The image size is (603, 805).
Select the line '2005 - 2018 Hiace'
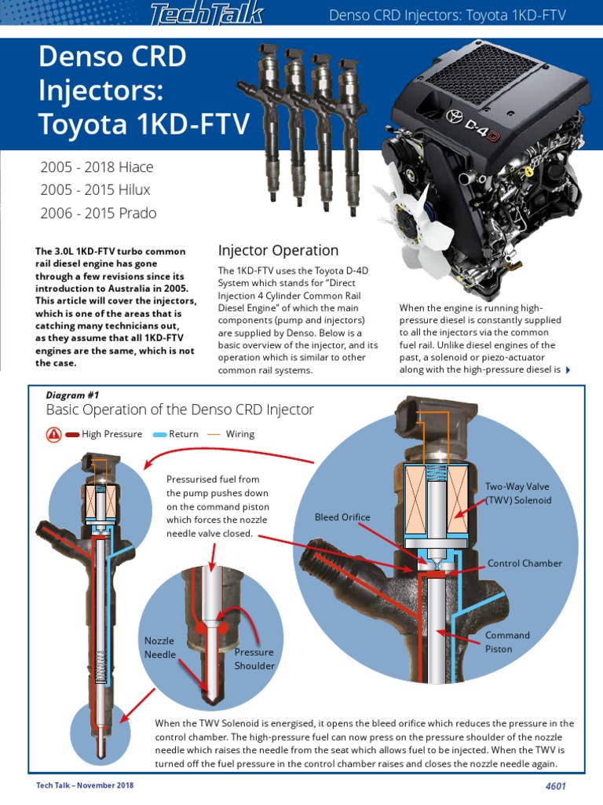coord(97,167)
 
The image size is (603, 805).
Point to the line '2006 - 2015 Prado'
coord(98,213)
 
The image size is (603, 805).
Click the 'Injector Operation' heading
coord(278,251)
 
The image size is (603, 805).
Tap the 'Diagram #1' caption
coord(73,395)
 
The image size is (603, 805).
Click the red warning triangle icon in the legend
coord(54,434)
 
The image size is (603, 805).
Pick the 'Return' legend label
coord(184,434)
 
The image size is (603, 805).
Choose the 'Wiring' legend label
coord(240,434)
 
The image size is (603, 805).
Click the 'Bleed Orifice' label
coord(342,517)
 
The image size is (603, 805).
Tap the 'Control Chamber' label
coord(524,564)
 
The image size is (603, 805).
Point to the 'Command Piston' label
coord(507,642)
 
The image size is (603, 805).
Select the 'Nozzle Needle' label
coord(160,648)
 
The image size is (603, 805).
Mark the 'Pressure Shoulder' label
coord(254,659)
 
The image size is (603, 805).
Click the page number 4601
coord(555,786)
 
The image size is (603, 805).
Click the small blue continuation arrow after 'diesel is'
coord(568,370)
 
